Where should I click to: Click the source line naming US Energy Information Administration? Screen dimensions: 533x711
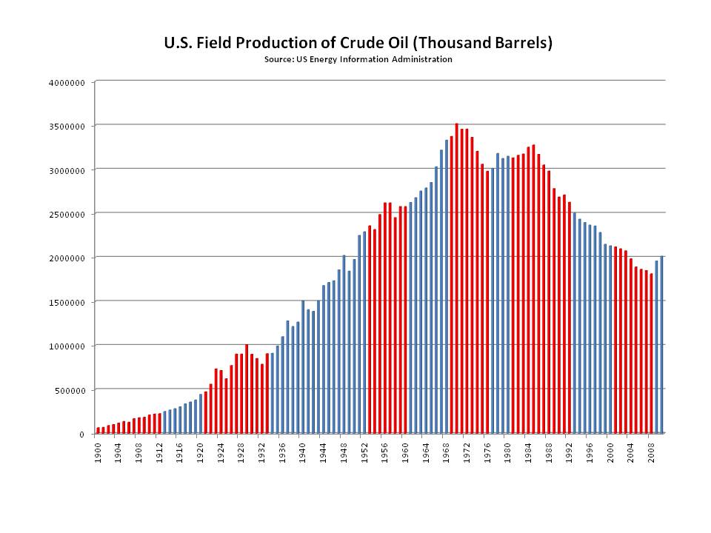(358, 59)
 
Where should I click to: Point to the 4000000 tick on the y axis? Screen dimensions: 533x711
(70, 81)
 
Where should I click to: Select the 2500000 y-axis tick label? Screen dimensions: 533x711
(70, 213)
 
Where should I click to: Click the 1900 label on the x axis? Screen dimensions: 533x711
(98, 452)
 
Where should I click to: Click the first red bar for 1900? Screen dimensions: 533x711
(98, 430)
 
